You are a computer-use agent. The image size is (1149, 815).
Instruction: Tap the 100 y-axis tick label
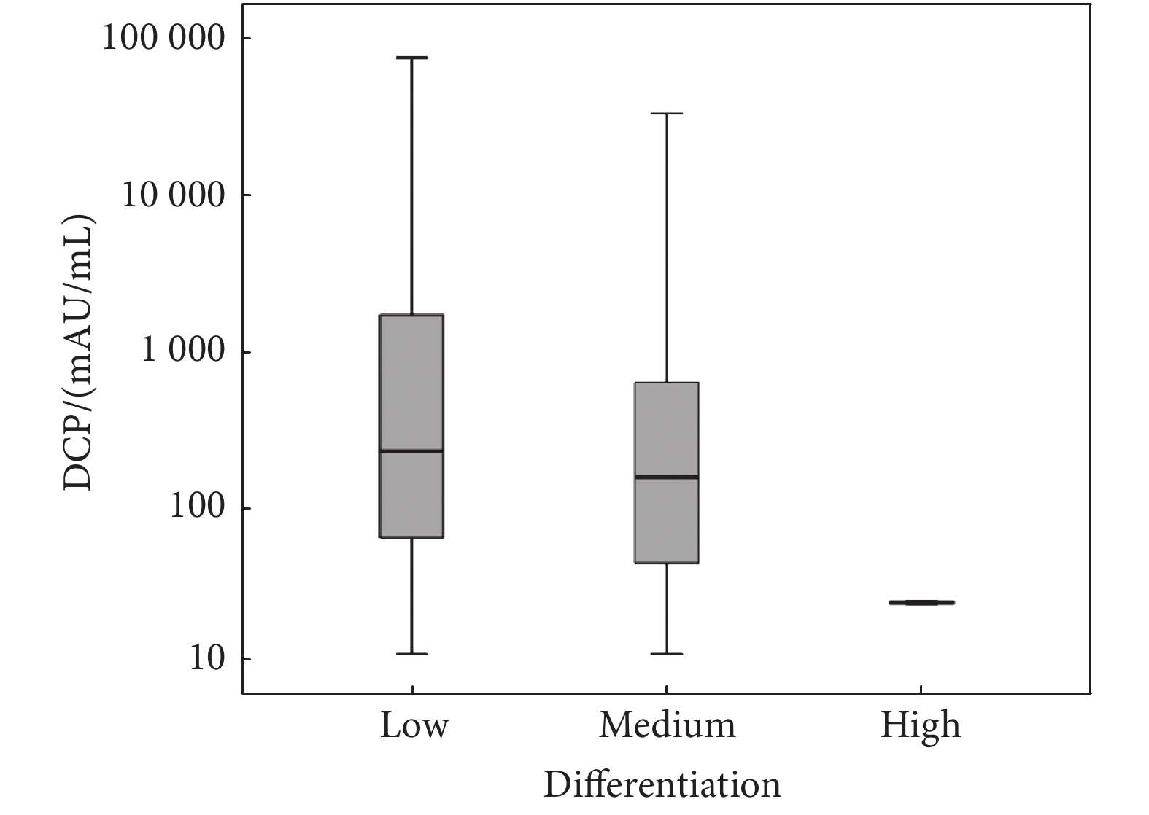(x=197, y=508)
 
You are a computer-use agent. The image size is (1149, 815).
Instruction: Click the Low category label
(x=413, y=726)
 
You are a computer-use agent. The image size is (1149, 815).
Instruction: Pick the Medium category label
(x=667, y=726)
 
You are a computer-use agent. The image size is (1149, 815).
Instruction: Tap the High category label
(x=920, y=726)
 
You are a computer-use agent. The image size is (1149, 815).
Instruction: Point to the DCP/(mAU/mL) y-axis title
(x=79, y=354)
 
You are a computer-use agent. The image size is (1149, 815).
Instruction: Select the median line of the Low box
(x=412, y=451)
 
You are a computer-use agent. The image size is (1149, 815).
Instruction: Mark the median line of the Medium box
(x=667, y=477)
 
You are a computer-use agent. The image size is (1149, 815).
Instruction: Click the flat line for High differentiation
(x=921, y=603)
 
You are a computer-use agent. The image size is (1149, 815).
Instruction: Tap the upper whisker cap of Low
(x=412, y=58)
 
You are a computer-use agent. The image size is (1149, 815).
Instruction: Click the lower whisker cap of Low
(x=412, y=654)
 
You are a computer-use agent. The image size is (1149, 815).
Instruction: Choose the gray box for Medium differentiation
(x=667, y=430)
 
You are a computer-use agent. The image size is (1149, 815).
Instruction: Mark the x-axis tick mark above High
(x=921, y=689)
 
